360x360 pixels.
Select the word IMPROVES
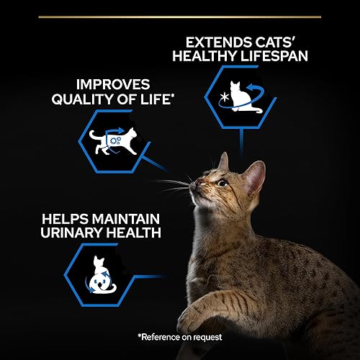[x=113, y=84]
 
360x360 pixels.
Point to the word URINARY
[x=71, y=233]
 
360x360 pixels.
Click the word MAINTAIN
[x=126, y=219]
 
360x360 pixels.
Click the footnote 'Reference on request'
[x=180, y=337]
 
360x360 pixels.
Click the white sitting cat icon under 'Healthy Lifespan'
[x=243, y=97]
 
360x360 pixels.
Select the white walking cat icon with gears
[x=113, y=141]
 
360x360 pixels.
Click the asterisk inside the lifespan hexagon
[x=225, y=97]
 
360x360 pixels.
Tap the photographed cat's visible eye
[x=223, y=184]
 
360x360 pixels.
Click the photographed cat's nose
[x=199, y=182]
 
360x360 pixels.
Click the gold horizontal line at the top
[x=180, y=17]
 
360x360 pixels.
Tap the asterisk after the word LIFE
[x=172, y=96]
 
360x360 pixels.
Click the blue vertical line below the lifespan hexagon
[x=241, y=142]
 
